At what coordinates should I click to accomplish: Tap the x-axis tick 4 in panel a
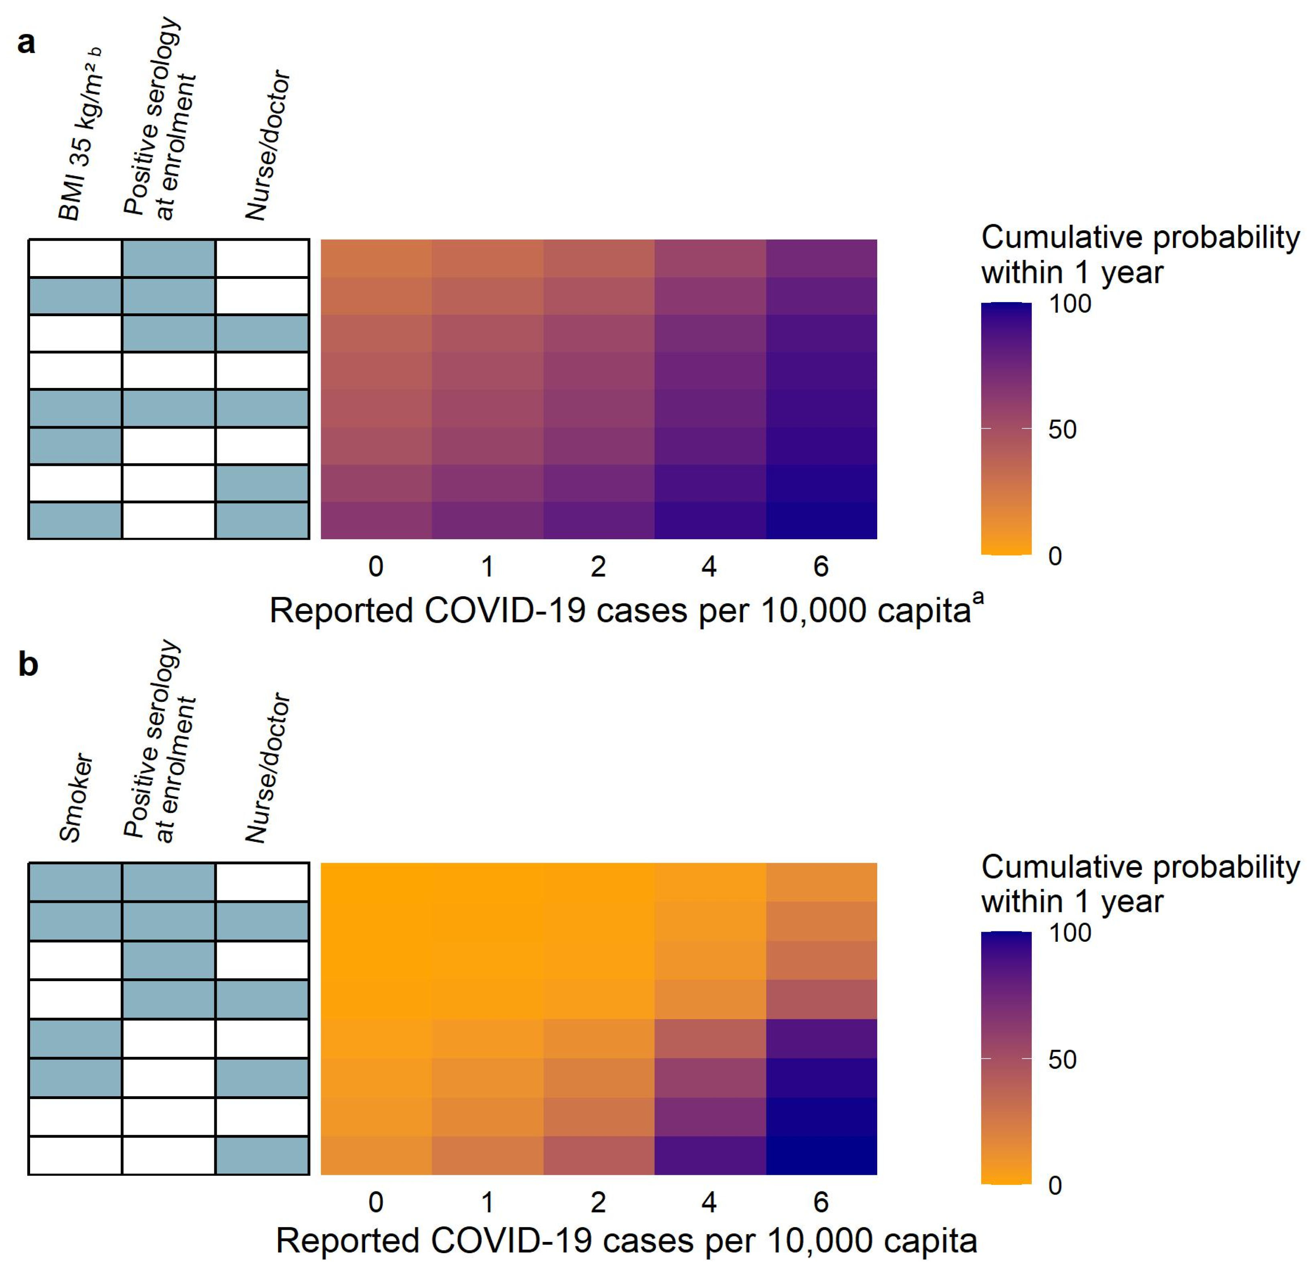pyautogui.click(x=709, y=567)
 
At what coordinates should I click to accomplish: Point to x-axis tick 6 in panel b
pyautogui.click(x=821, y=1203)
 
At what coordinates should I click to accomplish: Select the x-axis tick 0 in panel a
pyautogui.click(x=376, y=567)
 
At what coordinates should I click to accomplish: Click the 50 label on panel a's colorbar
pyautogui.click(x=1062, y=430)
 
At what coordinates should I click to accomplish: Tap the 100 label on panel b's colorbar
pyautogui.click(x=1069, y=932)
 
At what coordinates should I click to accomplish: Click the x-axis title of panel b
pyautogui.click(x=626, y=1241)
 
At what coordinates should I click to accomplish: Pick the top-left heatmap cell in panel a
pyautogui.click(x=376, y=258)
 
